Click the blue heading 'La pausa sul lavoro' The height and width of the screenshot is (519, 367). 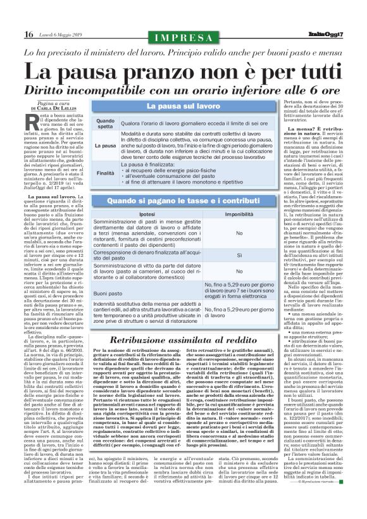pyautogui.click(x=183, y=106)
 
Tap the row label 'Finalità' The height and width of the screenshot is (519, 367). pyautogui.click(x=105, y=173)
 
